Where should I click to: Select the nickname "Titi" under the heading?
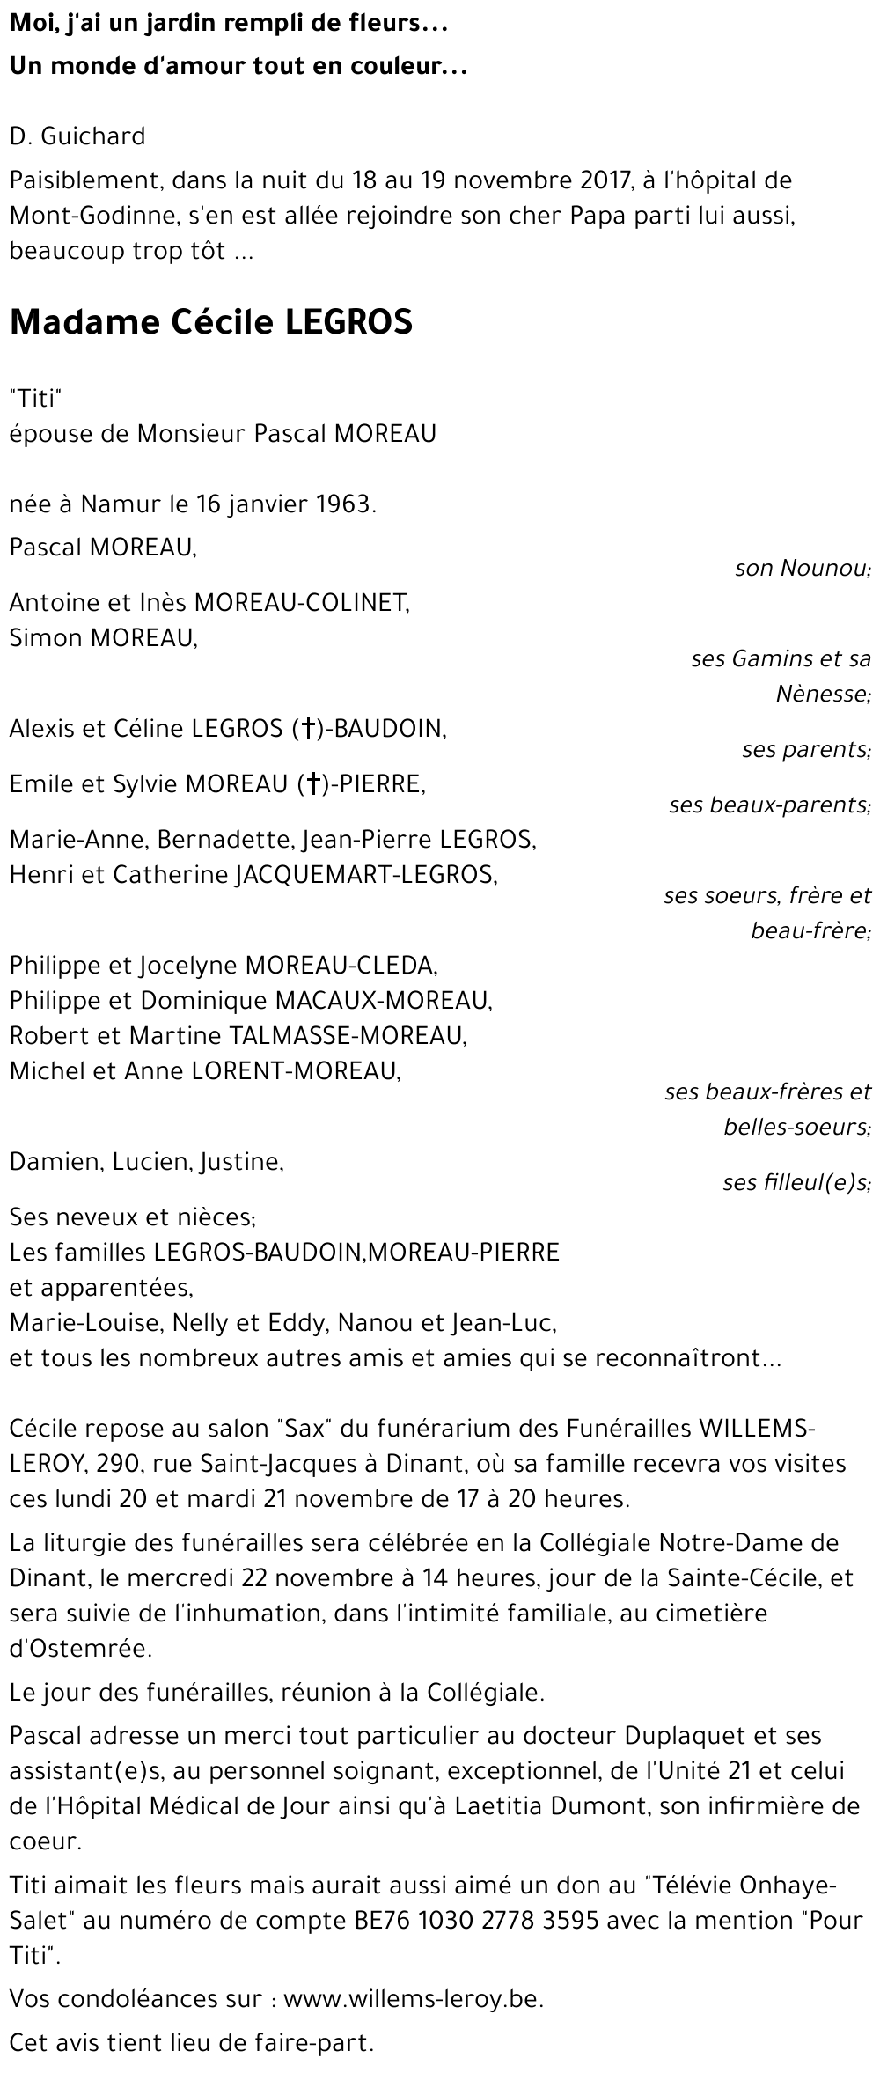tap(33, 399)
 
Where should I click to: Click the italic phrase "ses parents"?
tap(806, 750)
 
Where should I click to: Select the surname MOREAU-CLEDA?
tap(341, 966)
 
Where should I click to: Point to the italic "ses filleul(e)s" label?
tap(796, 1182)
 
